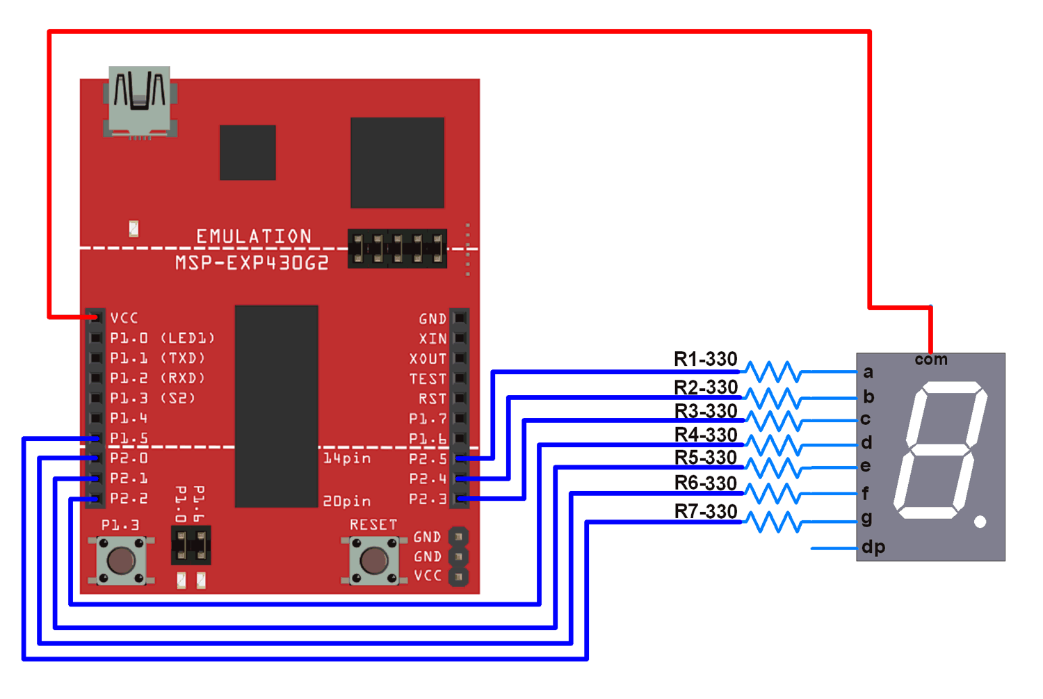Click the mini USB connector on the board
point(140,102)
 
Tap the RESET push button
point(374,561)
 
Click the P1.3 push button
point(121,561)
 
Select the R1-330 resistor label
point(705,359)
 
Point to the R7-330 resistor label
point(705,511)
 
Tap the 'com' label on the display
point(930,360)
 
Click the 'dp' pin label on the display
point(873,547)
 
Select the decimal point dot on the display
point(980,522)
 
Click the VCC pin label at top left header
point(124,318)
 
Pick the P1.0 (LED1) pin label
point(162,338)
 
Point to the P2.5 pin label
point(428,459)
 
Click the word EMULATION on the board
point(254,236)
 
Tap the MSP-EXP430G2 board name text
point(252,263)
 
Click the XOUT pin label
point(428,359)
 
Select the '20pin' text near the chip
point(346,501)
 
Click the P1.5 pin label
point(129,438)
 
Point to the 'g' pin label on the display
point(866,518)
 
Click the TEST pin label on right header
point(428,379)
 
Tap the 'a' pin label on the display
point(868,372)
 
